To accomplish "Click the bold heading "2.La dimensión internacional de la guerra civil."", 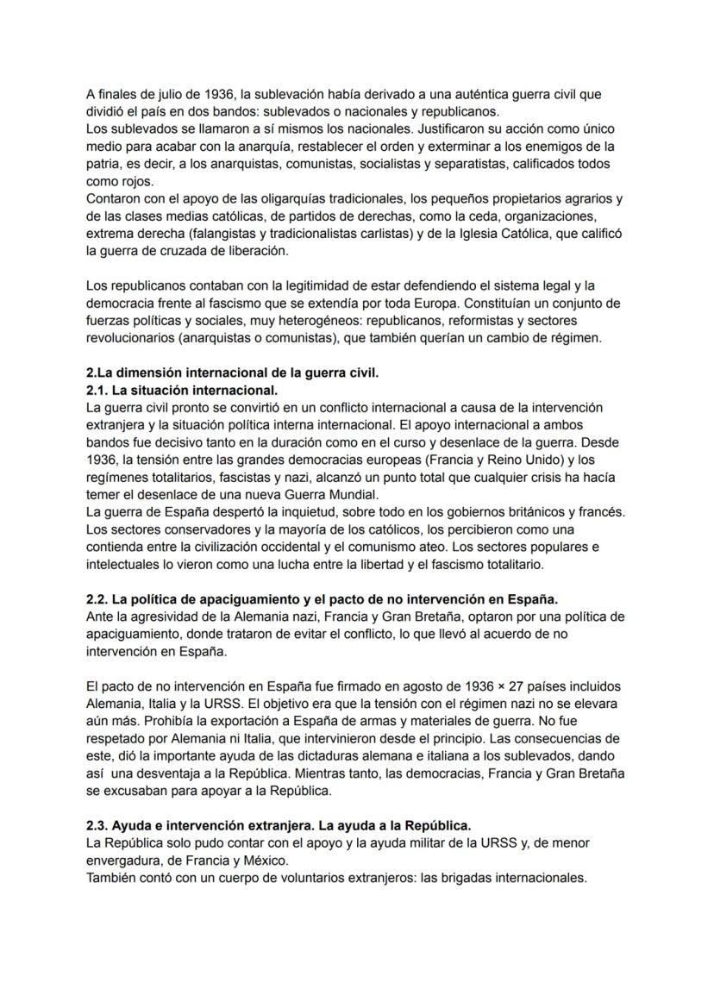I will [233, 373].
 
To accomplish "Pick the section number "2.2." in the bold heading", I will [98, 598].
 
